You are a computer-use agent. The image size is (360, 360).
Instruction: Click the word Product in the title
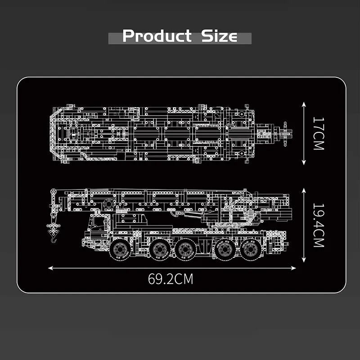tap(157, 36)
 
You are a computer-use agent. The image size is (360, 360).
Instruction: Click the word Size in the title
tap(219, 36)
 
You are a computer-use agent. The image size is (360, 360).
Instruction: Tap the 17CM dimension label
tap(319, 134)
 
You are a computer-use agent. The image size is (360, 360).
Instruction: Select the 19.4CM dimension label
tap(319, 225)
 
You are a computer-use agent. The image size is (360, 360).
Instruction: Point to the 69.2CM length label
tap(171, 279)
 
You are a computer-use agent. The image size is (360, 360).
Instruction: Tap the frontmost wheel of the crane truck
tap(120, 249)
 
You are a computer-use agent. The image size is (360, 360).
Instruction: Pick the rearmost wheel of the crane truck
tap(251, 249)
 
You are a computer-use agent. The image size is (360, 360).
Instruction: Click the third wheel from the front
tap(185, 249)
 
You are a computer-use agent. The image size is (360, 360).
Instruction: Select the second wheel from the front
tap(160, 249)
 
